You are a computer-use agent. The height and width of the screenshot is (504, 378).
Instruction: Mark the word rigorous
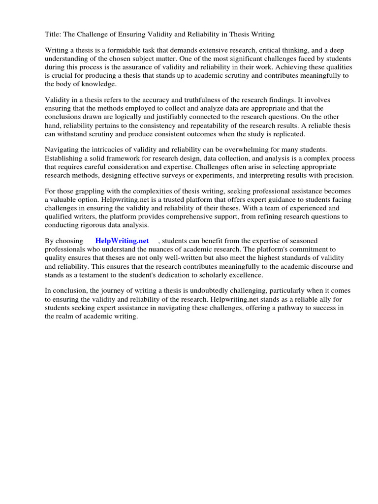(99, 225)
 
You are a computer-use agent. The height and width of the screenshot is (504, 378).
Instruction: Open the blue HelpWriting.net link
(122, 241)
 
